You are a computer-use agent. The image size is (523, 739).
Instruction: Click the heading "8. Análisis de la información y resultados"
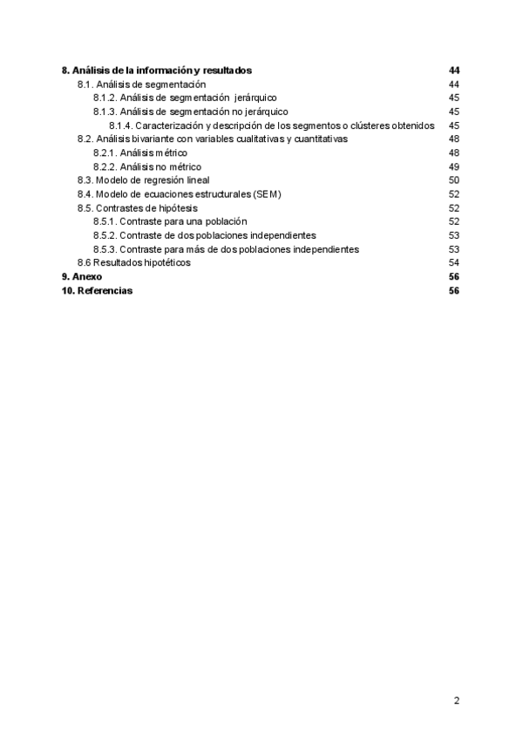click(x=157, y=70)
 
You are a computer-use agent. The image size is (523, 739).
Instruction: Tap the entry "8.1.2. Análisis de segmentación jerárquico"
click(x=185, y=98)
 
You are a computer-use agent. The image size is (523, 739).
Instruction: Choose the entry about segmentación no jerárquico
click(x=190, y=112)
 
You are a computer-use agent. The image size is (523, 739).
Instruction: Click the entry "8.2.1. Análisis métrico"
click(x=139, y=153)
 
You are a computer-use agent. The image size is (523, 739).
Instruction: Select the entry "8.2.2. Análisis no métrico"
click(x=146, y=166)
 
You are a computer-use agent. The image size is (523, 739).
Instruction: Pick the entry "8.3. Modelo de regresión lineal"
click(x=143, y=180)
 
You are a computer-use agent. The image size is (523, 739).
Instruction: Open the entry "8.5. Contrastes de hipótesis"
click(x=137, y=207)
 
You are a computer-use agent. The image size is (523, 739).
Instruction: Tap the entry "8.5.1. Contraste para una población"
click(x=170, y=221)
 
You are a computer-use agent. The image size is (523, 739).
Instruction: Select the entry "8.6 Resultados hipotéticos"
click(x=133, y=262)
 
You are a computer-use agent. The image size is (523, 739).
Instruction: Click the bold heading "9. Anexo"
click(x=81, y=276)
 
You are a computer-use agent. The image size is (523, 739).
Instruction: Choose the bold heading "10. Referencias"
click(x=97, y=290)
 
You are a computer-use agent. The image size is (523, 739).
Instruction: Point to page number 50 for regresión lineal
click(x=453, y=180)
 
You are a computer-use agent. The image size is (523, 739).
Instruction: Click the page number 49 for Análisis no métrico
click(x=453, y=166)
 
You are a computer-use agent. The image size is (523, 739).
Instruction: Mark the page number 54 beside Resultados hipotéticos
click(x=453, y=262)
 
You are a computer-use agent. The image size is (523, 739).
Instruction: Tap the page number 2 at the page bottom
click(x=456, y=700)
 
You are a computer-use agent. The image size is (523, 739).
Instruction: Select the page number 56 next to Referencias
click(x=453, y=290)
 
